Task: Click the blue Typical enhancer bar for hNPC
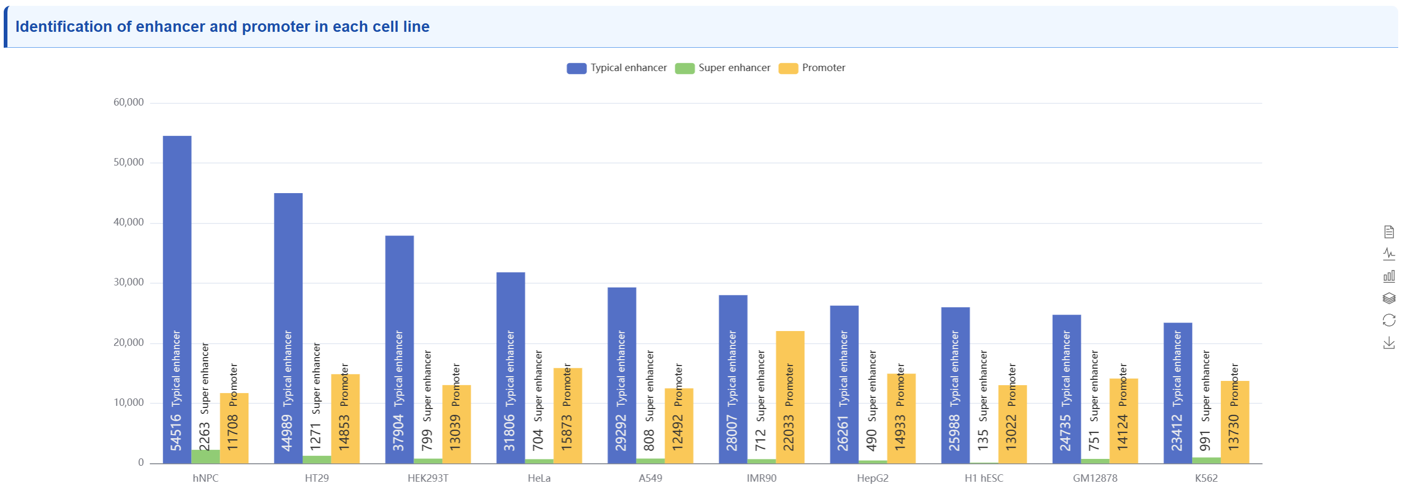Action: click(177, 245)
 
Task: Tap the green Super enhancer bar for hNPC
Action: click(205, 456)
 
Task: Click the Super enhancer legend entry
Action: click(723, 68)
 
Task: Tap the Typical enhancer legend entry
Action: click(616, 68)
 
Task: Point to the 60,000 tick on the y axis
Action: click(128, 102)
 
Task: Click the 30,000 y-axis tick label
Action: click(128, 282)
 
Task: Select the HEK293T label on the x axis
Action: click(427, 479)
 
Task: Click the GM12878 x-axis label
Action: click(1095, 479)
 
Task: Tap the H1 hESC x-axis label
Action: click(984, 479)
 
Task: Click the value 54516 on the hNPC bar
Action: click(176, 433)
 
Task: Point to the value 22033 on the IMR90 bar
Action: click(789, 433)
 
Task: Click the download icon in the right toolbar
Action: click(1389, 343)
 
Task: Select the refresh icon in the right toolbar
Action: click(1389, 320)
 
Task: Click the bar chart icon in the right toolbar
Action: click(1389, 276)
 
